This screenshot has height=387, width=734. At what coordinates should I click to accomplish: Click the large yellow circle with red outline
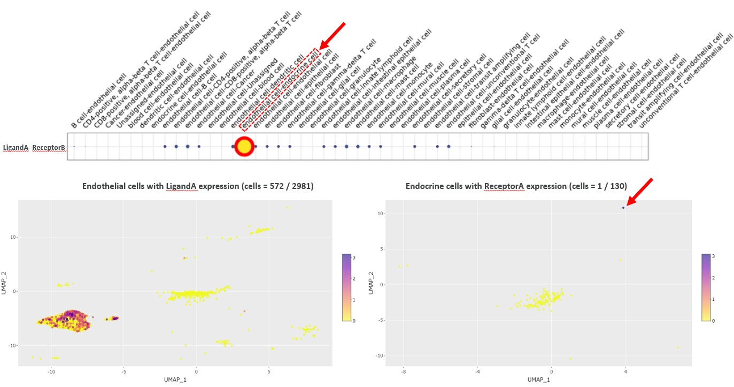244,146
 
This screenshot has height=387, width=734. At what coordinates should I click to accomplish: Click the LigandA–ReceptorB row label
34,147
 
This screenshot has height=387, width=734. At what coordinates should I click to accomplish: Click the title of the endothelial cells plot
197,187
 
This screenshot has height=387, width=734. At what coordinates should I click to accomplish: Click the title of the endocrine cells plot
516,187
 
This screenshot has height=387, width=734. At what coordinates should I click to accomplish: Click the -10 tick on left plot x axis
51,371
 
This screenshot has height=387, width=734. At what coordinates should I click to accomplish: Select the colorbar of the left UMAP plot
346,287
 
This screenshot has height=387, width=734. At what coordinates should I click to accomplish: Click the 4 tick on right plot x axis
625,371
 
